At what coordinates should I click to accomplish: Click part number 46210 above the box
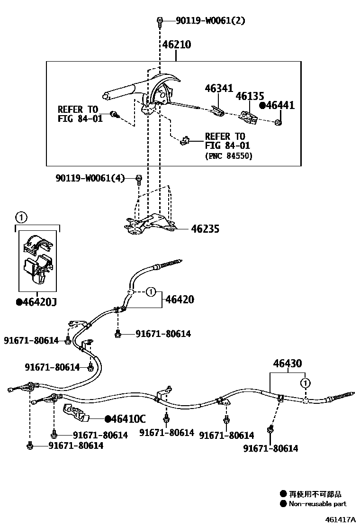tap(177, 45)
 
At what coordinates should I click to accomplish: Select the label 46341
tap(219, 88)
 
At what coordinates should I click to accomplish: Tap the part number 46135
tap(250, 97)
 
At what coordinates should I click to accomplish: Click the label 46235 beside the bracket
tap(205, 229)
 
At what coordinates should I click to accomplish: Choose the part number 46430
tap(287, 364)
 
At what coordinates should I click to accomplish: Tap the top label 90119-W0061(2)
tap(210, 21)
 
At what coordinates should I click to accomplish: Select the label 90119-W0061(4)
tap(90, 178)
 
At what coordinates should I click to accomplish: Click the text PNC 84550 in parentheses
tap(229, 156)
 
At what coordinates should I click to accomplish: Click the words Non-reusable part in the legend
tap(318, 504)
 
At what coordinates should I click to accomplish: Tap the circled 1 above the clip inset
tap(20, 218)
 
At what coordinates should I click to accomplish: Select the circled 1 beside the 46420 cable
tap(150, 291)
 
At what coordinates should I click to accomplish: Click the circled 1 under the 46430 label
tap(306, 382)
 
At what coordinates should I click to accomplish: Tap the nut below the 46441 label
tap(278, 122)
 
